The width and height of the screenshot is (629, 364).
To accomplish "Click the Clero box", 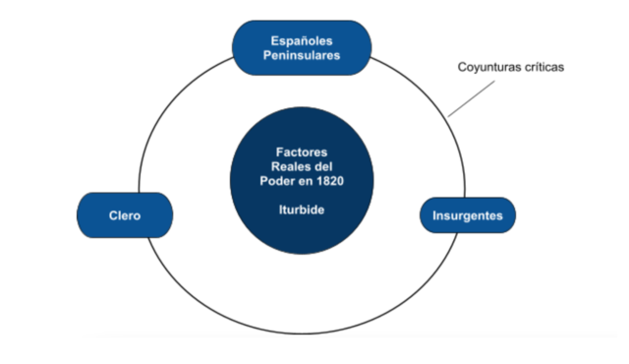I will click(125, 213).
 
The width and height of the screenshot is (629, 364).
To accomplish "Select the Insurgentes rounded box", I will click(468, 214).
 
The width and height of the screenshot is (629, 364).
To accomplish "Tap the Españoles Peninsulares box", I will click(302, 48).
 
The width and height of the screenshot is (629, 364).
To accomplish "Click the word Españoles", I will click(302, 40).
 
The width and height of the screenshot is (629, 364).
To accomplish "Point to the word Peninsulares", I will click(302, 57).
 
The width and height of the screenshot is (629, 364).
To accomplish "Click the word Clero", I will click(125, 213).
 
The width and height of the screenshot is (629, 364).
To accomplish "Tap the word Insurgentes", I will click(468, 214).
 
